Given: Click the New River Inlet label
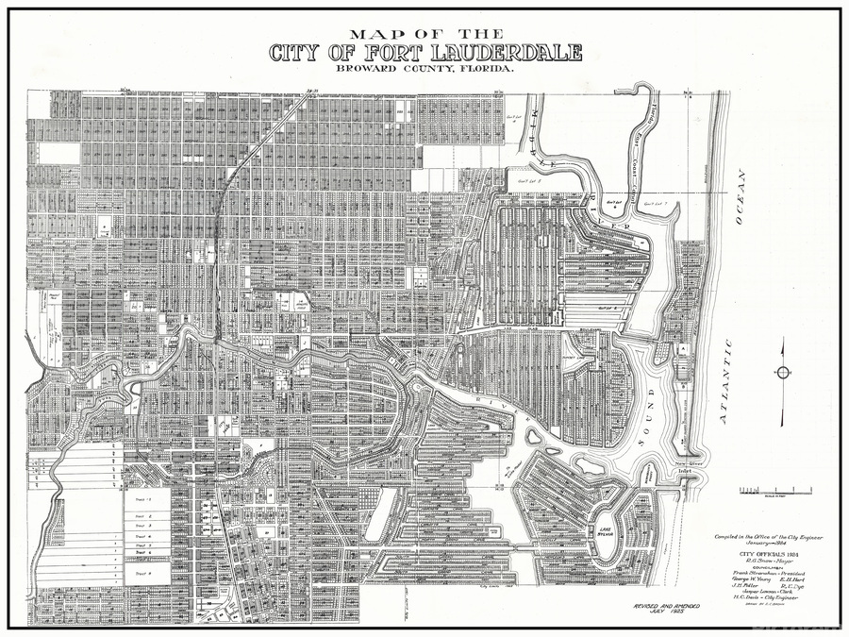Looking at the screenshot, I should [x=682, y=468].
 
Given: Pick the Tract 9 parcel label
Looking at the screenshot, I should [x=143, y=573].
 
